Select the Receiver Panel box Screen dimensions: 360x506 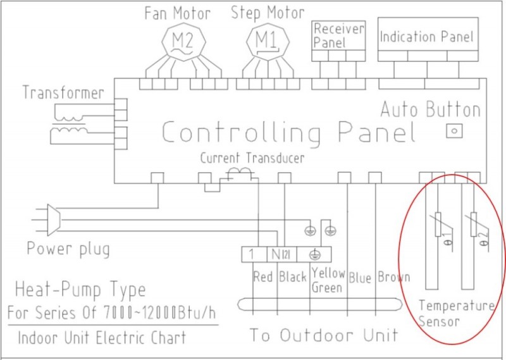pos(339,35)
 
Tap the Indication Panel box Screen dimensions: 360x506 pos(426,37)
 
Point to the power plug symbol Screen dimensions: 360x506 pos(53,219)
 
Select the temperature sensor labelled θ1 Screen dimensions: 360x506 pos(437,225)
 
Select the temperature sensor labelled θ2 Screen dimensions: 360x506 pos(474,225)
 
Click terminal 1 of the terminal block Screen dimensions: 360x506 pos(253,254)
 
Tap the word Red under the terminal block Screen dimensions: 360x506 pos(262,276)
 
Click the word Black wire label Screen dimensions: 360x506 pos(292,276)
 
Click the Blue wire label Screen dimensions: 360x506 pos(360,276)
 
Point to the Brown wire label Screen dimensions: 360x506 pos(393,276)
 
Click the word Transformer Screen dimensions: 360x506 pos(63,93)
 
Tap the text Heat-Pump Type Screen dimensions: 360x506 pos(80,290)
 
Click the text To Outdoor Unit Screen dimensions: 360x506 pos(323,334)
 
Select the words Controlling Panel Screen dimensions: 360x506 pos(288,133)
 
